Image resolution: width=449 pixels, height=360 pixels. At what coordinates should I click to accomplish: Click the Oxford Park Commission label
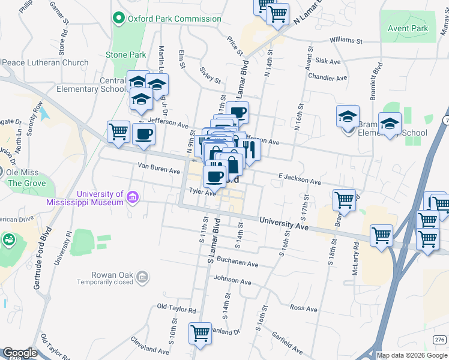coord(174,19)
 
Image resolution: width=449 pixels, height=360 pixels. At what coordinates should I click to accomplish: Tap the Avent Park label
coord(408,28)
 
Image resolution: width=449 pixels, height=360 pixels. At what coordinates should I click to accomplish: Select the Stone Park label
coord(126,55)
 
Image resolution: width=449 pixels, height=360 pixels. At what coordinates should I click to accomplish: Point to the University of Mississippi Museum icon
coord(133,197)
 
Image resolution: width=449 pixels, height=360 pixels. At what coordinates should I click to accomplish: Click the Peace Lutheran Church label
coord(45,62)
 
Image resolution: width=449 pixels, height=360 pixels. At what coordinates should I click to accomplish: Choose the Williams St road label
coord(346,41)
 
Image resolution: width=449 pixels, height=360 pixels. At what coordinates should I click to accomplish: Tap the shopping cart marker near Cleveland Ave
coord(200,333)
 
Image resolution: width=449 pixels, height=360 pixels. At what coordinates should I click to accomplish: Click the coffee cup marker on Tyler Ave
coord(214,176)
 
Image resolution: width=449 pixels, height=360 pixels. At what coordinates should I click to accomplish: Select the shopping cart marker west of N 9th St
coord(118,131)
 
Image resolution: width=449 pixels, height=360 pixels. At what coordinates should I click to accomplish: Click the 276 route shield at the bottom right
coord(439,340)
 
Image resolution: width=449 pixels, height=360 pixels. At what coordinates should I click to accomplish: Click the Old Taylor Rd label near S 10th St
coord(176,309)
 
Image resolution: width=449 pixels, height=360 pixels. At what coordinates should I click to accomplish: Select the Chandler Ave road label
coord(327,78)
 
